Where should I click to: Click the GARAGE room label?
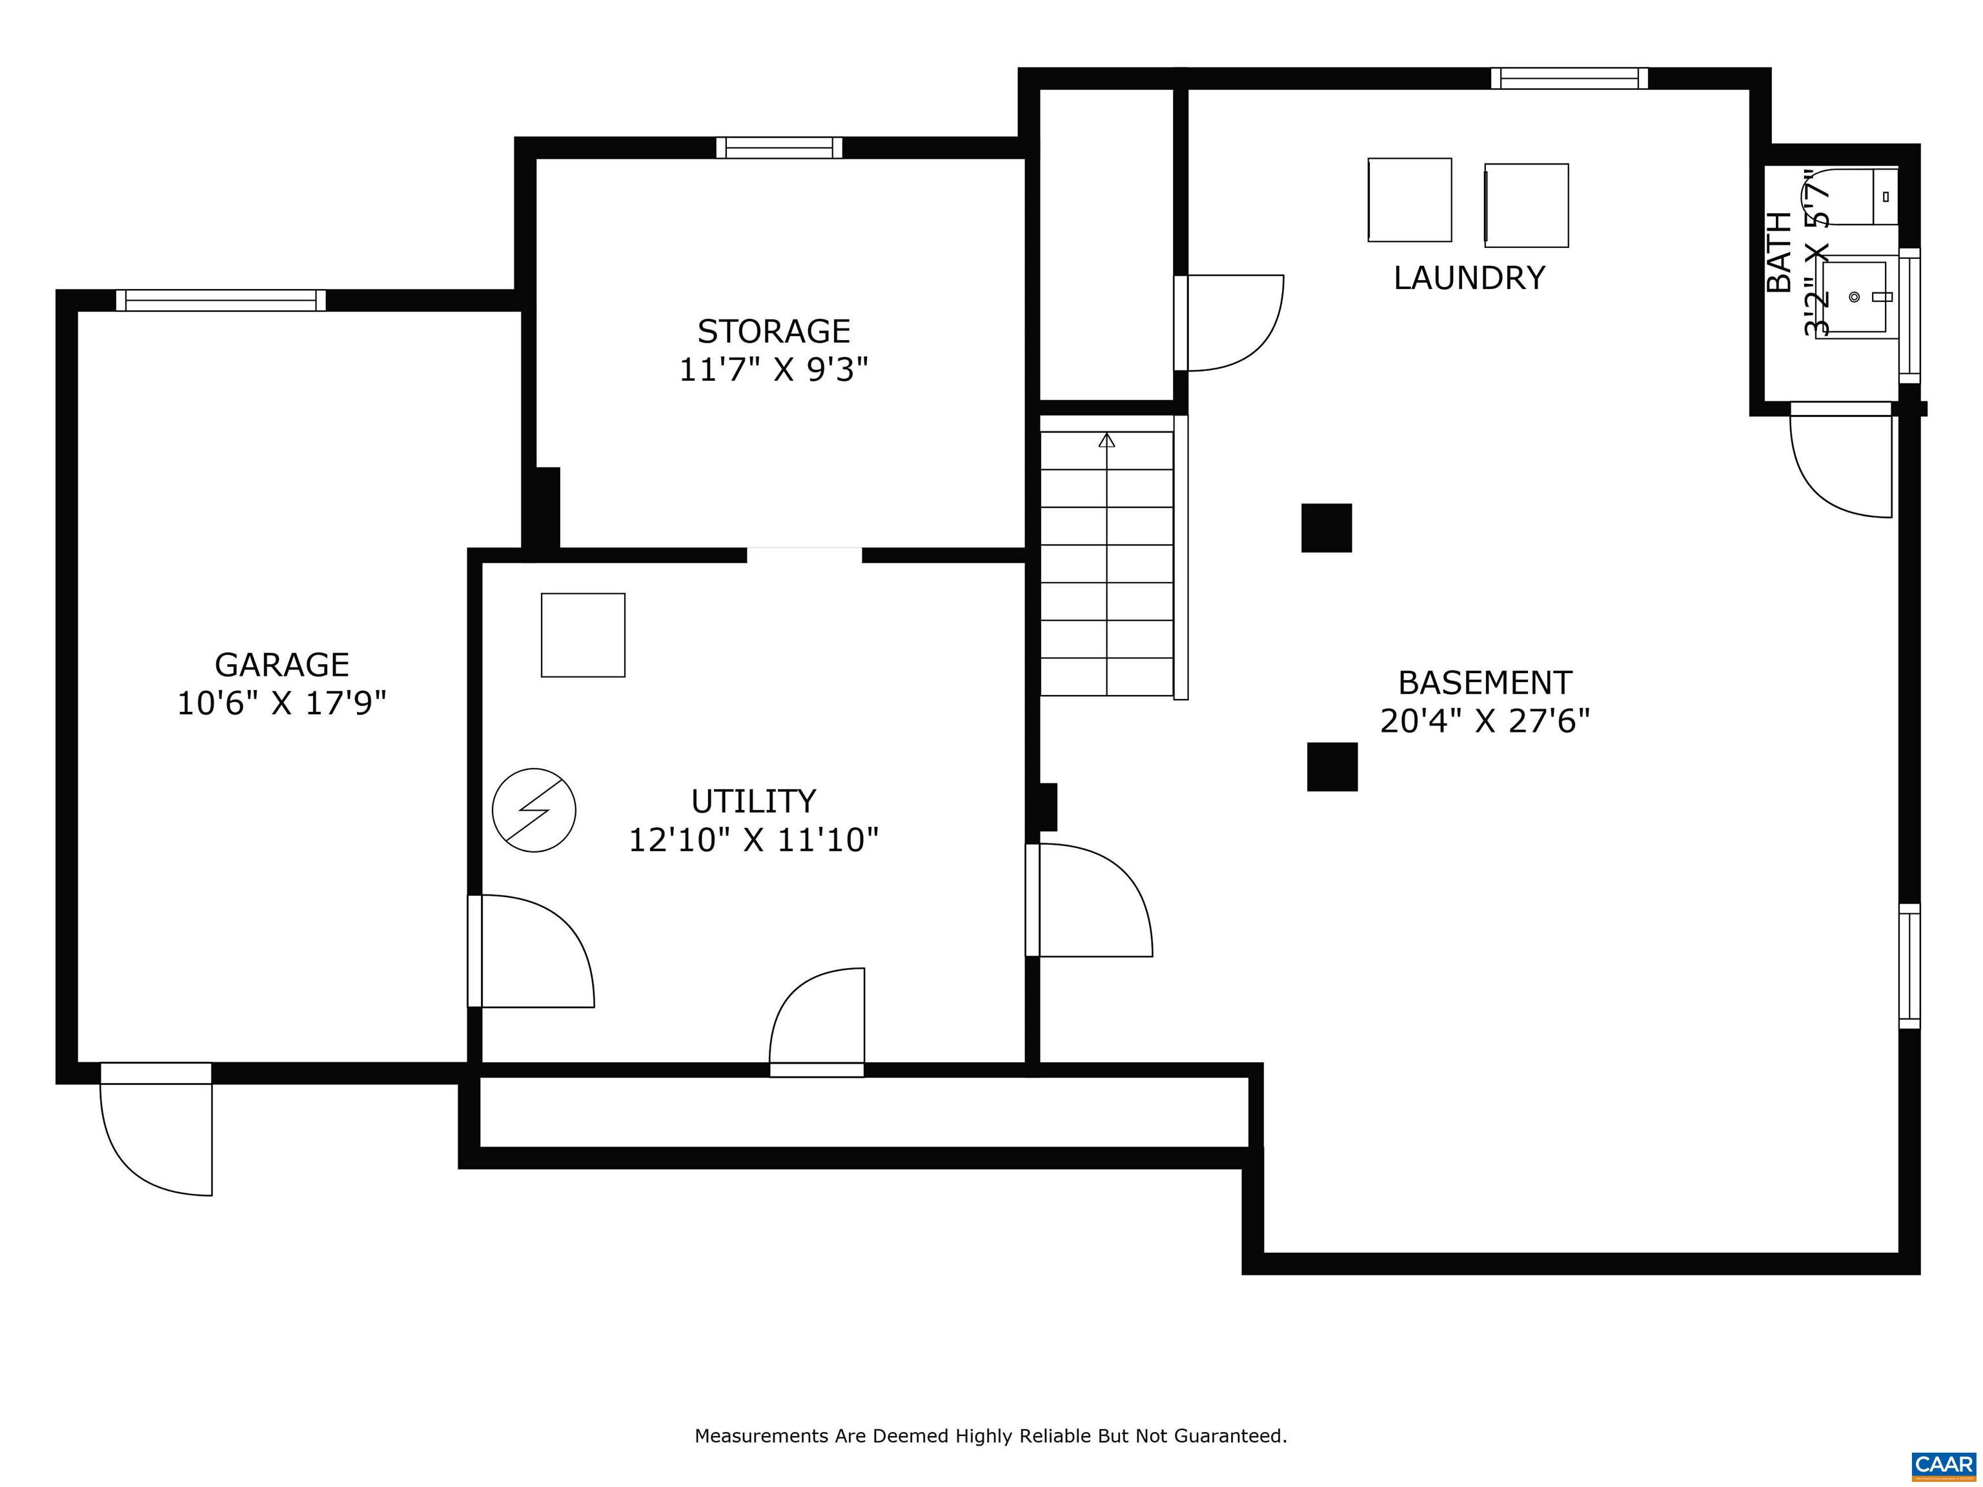281,665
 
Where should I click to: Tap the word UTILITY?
753,800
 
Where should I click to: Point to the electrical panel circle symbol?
534,809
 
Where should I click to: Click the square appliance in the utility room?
583,634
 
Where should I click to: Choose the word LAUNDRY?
1469,278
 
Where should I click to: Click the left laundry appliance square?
1409,200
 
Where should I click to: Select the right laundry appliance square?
1527,205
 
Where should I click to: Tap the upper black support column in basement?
1326,528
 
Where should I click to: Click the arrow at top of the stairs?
1107,440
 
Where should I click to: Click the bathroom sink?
1854,298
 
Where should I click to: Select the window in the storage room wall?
779,148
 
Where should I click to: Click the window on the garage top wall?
221,300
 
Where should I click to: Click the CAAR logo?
1943,1464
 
